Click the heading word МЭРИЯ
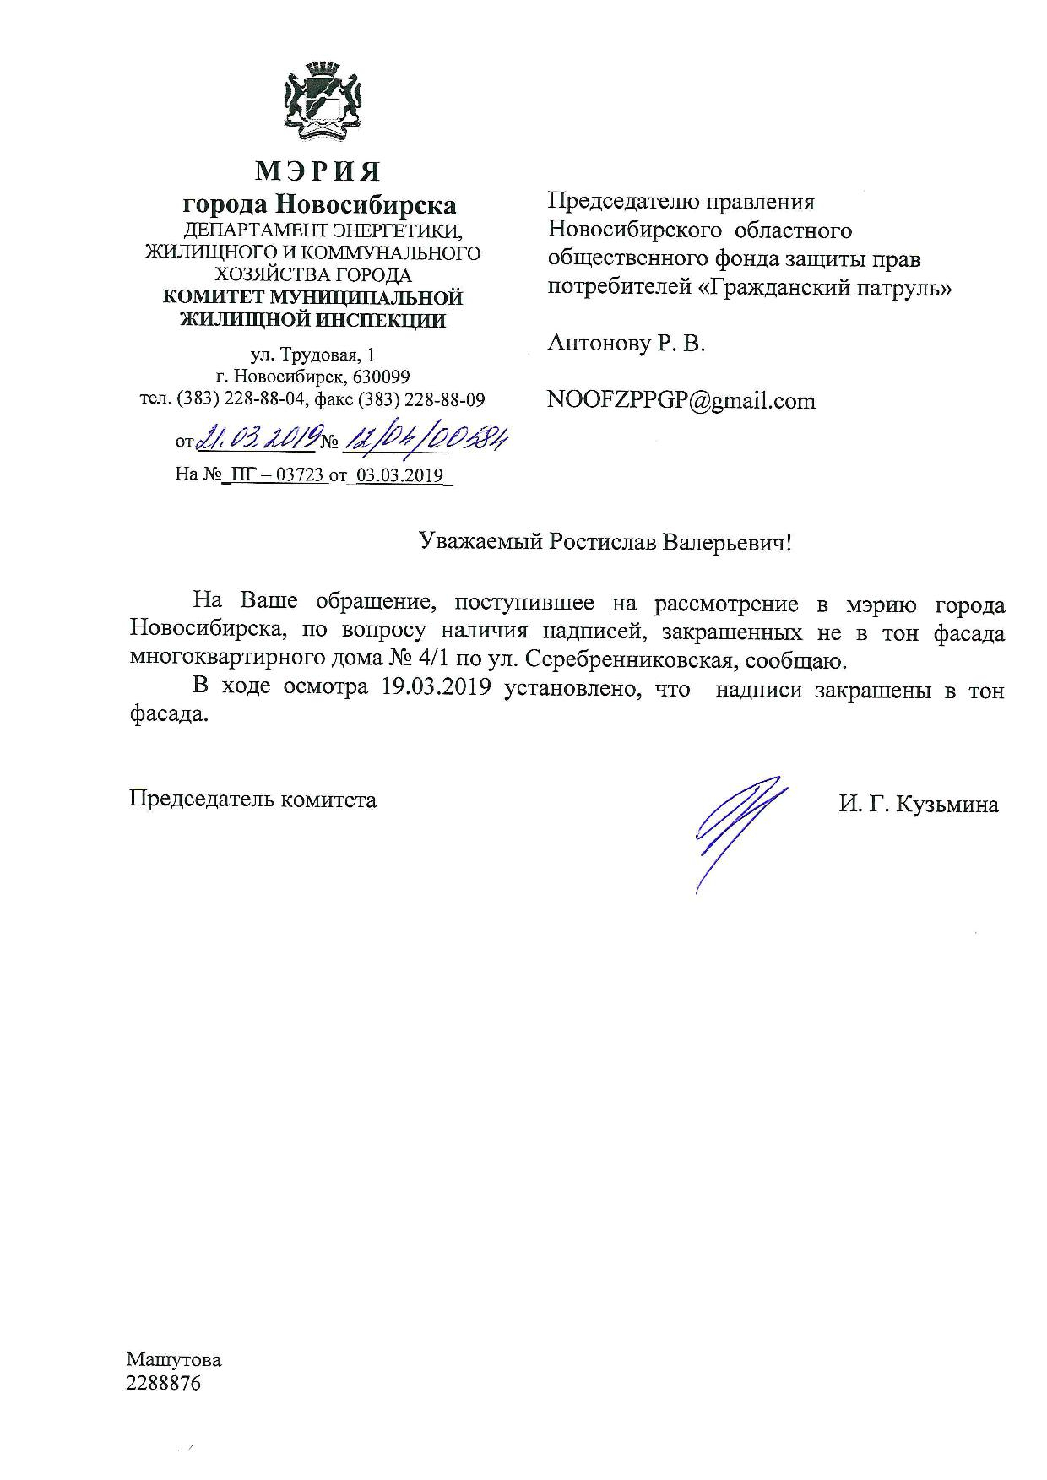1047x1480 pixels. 318,171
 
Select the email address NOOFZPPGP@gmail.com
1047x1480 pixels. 681,400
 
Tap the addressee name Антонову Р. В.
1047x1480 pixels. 626,343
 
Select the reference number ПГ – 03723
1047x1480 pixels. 274,474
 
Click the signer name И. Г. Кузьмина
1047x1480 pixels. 919,805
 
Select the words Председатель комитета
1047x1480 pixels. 252,799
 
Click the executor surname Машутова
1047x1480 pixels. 174,1360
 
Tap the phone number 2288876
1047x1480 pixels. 163,1384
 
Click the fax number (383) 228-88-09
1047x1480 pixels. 422,398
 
